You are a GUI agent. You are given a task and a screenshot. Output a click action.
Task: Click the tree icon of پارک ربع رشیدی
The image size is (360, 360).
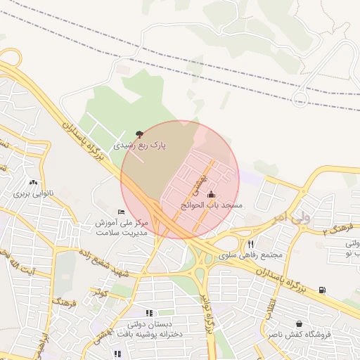coord(139,134)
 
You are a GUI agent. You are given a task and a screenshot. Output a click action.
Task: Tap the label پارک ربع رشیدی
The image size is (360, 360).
coord(140,146)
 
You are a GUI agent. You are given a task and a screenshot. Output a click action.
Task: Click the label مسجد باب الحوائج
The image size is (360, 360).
coord(212,205)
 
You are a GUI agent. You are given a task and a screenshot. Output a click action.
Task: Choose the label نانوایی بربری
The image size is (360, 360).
coord(31,192)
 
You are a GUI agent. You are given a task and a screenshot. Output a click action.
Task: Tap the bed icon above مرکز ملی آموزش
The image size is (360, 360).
coord(121,212)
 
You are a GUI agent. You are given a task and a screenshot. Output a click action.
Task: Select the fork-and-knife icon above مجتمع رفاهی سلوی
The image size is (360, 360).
coord(250,244)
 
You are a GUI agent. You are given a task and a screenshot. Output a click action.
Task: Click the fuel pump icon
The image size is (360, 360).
coord(322,290)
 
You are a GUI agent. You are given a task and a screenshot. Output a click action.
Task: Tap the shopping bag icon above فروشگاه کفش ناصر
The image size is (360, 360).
coord(300,324)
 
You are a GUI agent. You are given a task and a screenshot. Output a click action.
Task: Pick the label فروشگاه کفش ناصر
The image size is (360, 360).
coord(298,335)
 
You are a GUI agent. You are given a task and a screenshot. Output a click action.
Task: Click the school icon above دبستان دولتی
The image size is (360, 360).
coord(148,313)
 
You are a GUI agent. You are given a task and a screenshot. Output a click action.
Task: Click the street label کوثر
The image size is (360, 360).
coord(101,290)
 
